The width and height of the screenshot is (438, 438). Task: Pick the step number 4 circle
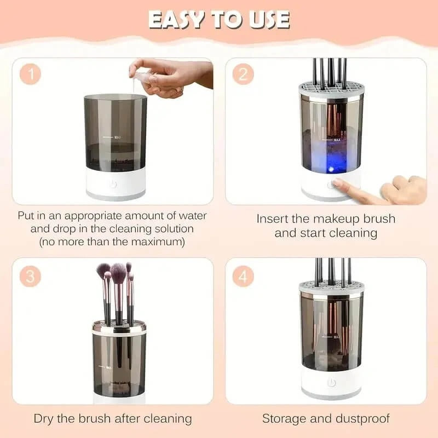243,276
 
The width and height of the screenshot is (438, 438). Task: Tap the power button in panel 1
113,184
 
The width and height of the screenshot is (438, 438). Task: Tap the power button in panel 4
331,383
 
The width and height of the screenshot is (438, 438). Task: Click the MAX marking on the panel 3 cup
108,367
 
